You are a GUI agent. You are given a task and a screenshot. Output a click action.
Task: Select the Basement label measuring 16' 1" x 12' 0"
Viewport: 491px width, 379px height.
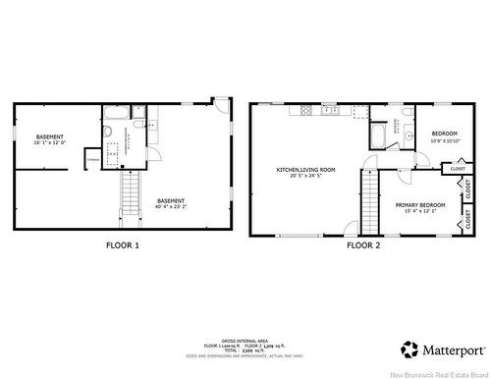(50, 139)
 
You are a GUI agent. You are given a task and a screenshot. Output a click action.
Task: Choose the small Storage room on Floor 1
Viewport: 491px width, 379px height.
(92, 158)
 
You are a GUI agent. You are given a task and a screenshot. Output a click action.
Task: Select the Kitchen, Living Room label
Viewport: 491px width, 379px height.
(305, 172)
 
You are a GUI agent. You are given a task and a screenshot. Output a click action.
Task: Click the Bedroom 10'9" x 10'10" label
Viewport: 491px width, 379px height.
(445, 137)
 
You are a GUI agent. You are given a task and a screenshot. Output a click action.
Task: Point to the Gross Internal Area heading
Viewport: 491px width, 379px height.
(241, 336)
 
